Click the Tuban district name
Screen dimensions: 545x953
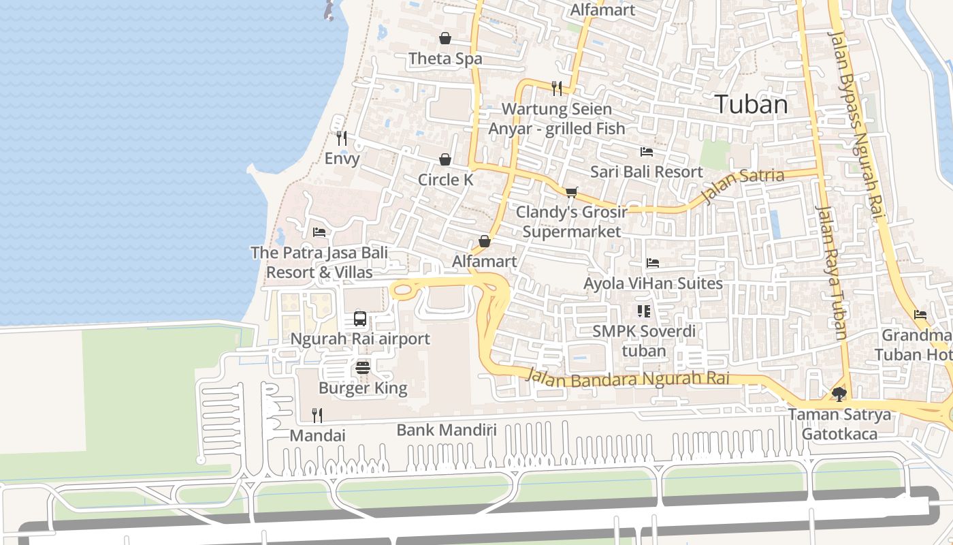pyautogui.click(x=752, y=104)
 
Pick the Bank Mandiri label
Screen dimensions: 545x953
pyautogui.click(x=447, y=430)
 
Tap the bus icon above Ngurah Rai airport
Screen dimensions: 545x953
pyautogui.click(x=360, y=318)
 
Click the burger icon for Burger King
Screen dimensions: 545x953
pyautogui.click(x=363, y=369)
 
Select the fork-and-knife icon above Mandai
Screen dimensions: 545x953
pyautogui.click(x=317, y=414)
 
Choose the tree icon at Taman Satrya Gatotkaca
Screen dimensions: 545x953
pyautogui.click(x=839, y=394)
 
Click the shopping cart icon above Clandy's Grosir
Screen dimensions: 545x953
pyautogui.click(x=571, y=192)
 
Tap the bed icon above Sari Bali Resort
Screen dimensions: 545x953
pyautogui.click(x=646, y=151)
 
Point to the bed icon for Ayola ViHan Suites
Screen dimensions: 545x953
pyautogui.click(x=653, y=263)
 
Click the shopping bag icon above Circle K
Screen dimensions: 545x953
pyautogui.click(x=445, y=159)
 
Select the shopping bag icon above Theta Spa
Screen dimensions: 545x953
pyautogui.click(x=445, y=38)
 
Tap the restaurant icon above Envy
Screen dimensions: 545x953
pyautogui.click(x=342, y=138)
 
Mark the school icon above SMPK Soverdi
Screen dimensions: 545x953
pyautogui.click(x=644, y=311)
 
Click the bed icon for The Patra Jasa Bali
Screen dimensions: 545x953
pyautogui.click(x=319, y=232)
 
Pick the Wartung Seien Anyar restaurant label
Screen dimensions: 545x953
pyautogui.click(x=557, y=118)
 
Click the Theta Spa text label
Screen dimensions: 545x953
pyautogui.click(x=445, y=59)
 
